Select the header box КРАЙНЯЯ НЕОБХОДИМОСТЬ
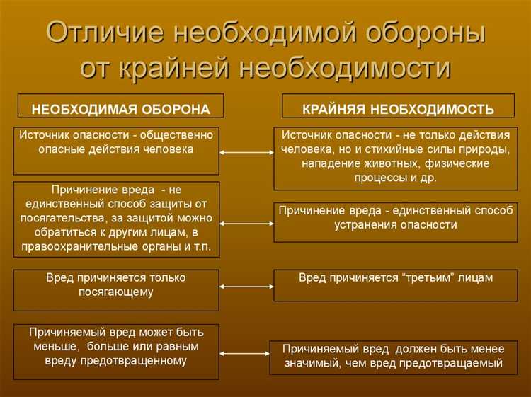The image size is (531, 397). tap(398, 109)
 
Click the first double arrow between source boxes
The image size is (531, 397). tap(246, 152)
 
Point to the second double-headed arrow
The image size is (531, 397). tap(246, 223)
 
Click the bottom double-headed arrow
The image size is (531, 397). tap(246, 352)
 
